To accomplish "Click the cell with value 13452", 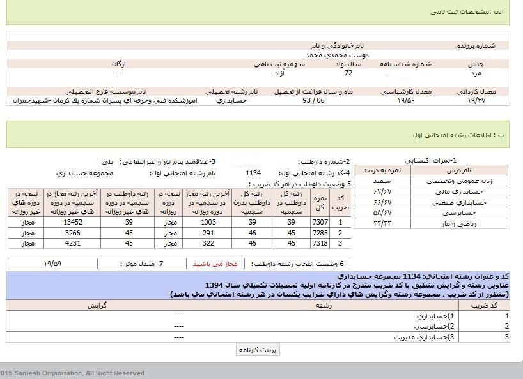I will tap(74, 222).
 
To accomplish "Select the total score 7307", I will tap(320, 222).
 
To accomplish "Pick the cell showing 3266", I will tap(74, 233).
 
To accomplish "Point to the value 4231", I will tap(74, 243).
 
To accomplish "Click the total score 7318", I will tap(320, 243).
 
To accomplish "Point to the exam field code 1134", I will tap(253, 173).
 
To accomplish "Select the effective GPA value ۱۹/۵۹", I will tap(53, 264).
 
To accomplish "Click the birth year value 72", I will tap(348, 73).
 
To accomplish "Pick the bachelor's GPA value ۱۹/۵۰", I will tap(406, 100).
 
